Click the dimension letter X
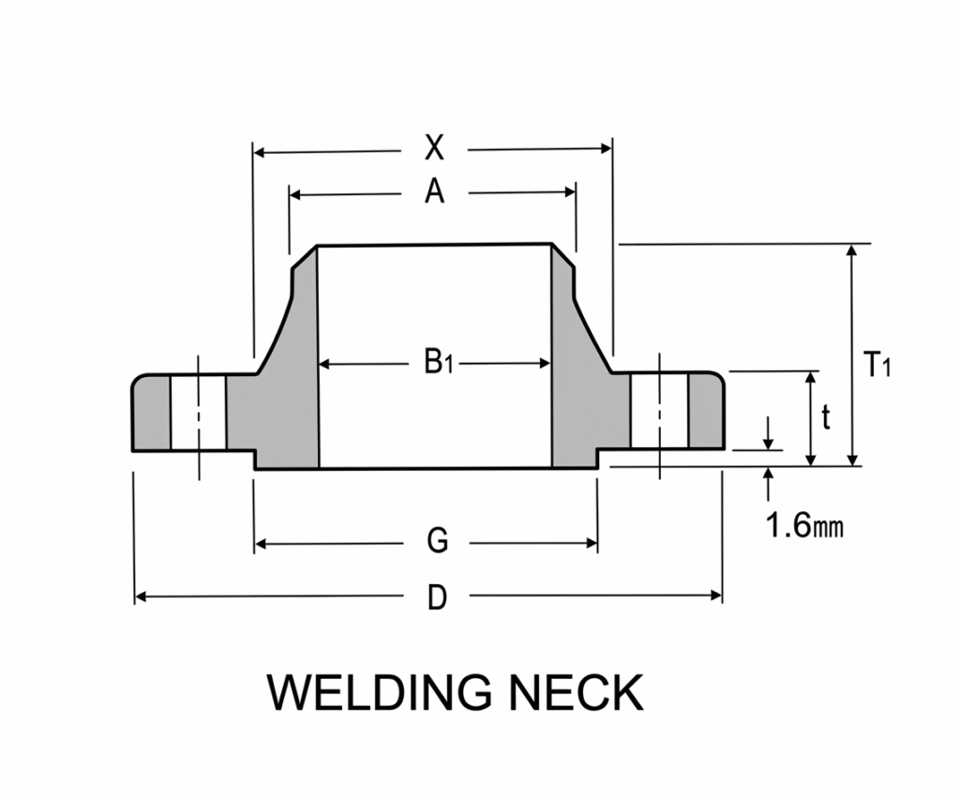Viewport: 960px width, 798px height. pyautogui.click(x=433, y=148)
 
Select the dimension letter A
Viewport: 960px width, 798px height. pyautogui.click(x=433, y=192)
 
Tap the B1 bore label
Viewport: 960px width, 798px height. pyautogui.click(x=437, y=362)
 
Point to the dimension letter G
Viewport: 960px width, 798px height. pyautogui.click(x=437, y=541)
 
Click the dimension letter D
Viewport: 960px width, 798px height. pyautogui.click(x=437, y=596)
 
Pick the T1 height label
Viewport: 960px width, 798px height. pyautogui.click(x=876, y=365)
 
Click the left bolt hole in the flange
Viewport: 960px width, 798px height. pyautogui.click(x=198, y=413)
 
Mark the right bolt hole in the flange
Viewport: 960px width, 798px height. pyautogui.click(x=660, y=413)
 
